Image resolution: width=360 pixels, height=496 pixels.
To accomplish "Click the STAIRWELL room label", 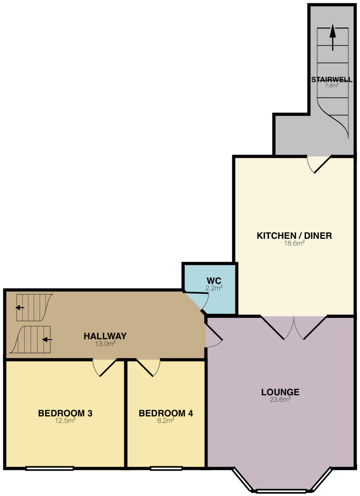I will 332,80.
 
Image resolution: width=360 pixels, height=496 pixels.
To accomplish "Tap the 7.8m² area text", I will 332,86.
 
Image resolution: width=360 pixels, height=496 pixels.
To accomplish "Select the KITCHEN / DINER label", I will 294,236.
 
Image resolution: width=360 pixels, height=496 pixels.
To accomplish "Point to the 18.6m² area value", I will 294,243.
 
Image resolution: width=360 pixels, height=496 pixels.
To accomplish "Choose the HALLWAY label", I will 105,336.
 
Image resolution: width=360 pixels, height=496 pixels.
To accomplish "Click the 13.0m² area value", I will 105,343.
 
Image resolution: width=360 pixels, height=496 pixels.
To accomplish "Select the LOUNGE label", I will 280,392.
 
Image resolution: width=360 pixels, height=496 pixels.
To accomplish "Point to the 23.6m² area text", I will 280,399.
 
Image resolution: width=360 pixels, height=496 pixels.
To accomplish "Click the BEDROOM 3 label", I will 65,413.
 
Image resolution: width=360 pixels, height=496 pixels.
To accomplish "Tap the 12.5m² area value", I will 65,420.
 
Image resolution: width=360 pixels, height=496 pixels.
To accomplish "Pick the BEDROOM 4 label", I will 166,413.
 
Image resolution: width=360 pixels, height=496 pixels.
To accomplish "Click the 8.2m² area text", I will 166,420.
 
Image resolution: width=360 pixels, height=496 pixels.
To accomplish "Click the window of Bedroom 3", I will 50,468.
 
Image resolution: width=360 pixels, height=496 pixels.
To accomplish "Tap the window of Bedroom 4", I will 166,468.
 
